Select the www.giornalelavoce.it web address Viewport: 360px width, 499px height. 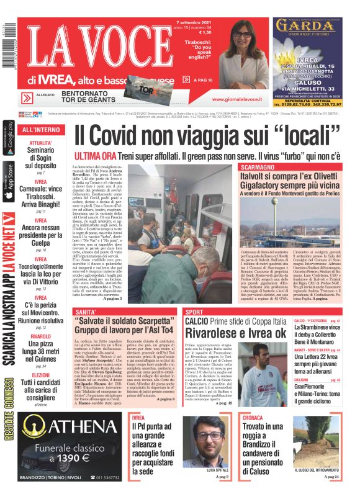(x=238, y=99)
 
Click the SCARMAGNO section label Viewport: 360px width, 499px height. (x=261, y=168)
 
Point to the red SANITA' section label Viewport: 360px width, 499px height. (x=85, y=311)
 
